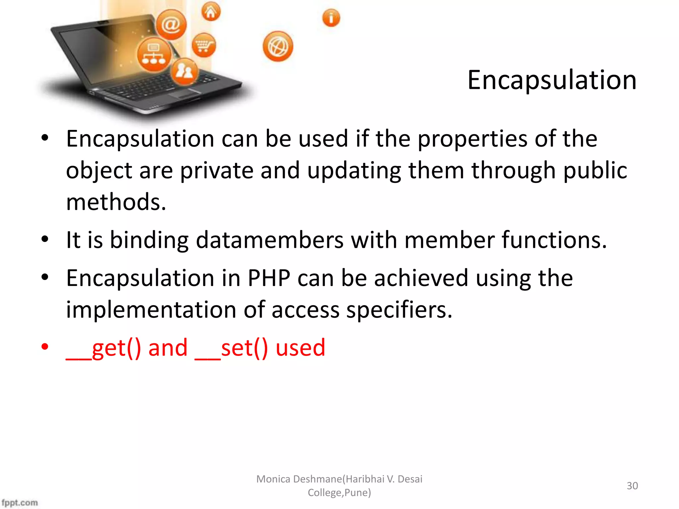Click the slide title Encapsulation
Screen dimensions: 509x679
[552, 80]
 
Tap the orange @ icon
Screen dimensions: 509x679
[171, 25]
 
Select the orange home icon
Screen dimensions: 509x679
[211, 12]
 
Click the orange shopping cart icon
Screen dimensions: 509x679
[204, 45]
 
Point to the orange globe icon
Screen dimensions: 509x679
[278, 47]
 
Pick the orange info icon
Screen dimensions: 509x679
[331, 18]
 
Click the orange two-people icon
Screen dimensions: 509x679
[184, 71]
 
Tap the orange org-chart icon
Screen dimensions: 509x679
[154, 55]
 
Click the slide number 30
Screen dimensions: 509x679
[632, 486]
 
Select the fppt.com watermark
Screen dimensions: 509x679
[20, 503]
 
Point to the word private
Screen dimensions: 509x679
[216, 170]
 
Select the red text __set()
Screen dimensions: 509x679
[231, 348]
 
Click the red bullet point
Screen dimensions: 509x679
[45, 347]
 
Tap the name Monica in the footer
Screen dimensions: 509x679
[274, 479]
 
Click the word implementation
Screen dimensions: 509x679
[151, 310]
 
